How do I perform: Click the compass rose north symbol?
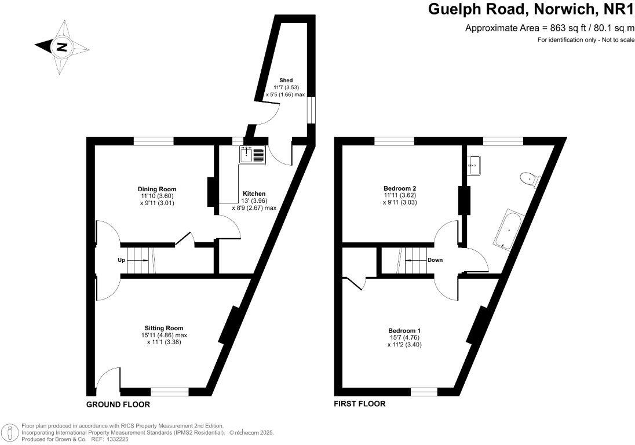(x=60, y=47)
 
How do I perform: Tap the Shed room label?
(x=286, y=80)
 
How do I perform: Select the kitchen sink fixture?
(x=251, y=155)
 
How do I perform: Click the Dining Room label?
(x=156, y=189)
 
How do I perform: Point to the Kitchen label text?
(x=254, y=194)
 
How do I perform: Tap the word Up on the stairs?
(x=122, y=260)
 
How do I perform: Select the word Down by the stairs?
(x=435, y=260)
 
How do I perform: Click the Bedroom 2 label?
(x=400, y=188)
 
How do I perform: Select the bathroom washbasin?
(x=474, y=165)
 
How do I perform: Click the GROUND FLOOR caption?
(x=118, y=404)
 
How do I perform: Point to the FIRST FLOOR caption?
(x=359, y=404)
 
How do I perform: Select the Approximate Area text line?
(x=546, y=28)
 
